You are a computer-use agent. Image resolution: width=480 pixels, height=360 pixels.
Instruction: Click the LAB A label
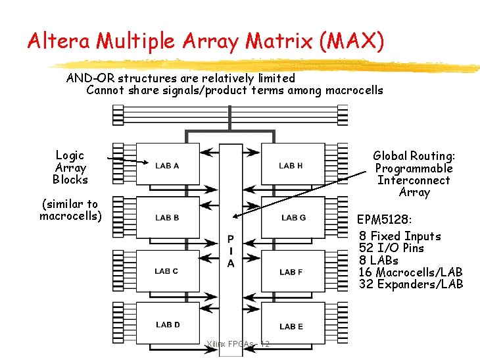167,166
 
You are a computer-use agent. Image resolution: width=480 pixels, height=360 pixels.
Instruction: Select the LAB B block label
167,218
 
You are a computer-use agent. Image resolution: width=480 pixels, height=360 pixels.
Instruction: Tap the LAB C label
166,271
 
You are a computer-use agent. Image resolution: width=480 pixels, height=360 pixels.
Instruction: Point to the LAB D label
168,324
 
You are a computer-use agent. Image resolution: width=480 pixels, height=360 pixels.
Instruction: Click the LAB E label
291,326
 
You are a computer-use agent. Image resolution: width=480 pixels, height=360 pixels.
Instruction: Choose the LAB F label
291,272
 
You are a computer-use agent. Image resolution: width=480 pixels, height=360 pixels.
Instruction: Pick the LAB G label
293,218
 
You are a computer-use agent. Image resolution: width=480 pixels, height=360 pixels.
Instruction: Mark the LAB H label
291,166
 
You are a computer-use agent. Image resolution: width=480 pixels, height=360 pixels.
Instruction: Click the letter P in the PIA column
231,238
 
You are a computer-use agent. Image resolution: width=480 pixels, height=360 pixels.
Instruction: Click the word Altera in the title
60,41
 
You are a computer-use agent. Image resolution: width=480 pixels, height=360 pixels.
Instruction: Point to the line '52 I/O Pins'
391,248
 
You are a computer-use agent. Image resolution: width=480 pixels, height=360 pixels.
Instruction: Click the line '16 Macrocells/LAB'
410,272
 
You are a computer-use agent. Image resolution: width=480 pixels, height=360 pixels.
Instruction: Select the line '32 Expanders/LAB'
411,284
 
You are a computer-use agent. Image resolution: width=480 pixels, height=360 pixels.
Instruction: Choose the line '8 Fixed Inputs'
400,236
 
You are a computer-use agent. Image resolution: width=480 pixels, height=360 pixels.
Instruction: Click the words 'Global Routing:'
414,156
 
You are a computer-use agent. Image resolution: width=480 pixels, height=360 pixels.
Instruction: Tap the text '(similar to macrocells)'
69,210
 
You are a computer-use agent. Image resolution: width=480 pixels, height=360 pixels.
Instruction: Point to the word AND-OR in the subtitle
91,78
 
